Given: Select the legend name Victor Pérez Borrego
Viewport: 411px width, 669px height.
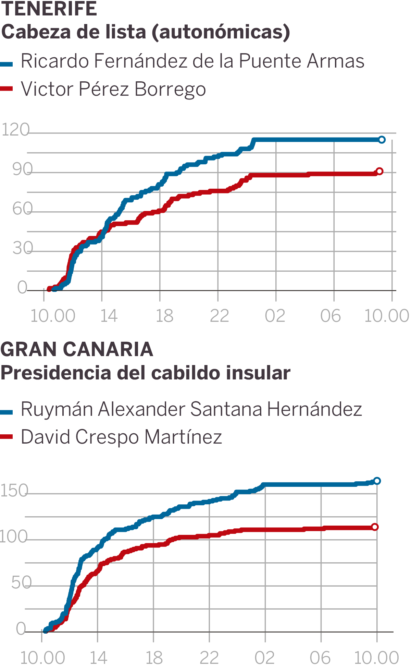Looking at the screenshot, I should coord(113,89).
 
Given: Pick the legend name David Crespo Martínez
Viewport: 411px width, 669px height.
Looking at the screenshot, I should coord(121,437).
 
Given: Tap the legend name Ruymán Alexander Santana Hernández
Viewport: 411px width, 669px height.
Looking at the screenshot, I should coord(191,409).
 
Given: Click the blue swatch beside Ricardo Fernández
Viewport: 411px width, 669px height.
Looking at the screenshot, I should coord(7,64).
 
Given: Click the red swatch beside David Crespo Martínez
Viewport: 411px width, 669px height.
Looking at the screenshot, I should coord(7,437).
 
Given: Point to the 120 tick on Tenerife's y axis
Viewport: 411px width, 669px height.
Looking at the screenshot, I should coord(16,130).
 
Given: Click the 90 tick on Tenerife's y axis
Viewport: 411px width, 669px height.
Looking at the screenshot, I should coord(22,169).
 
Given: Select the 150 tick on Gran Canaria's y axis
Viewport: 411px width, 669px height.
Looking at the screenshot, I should coord(14,491).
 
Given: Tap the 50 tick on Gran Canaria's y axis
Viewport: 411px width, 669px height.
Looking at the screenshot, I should coord(21,583).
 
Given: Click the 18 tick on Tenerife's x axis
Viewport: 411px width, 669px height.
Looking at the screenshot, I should coord(164,316).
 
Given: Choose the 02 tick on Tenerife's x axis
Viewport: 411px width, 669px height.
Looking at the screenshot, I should coord(275,316).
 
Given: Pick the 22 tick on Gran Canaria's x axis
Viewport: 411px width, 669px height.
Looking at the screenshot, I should coord(209,657).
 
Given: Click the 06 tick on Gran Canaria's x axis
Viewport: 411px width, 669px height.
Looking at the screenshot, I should coord(320,657).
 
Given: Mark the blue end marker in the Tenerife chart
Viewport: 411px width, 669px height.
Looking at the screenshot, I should coord(382,140).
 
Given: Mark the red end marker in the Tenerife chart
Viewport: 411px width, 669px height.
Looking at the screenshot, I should coord(379,171).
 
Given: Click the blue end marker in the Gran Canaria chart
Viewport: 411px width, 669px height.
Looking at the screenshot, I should coord(377,481).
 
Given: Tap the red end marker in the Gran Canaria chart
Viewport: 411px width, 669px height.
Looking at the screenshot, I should coord(375,527).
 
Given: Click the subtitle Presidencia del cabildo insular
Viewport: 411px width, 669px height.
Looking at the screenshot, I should coord(145,373).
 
